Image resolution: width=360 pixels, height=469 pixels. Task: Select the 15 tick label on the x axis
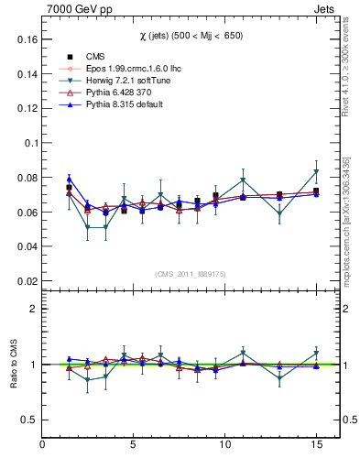pyautogui.click(x=316, y=444)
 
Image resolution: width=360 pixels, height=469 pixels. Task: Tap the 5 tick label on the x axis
pyautogui.click(x=134, y=444)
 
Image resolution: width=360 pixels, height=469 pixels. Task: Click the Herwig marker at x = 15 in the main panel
pyautogui.click(x=316, y=172)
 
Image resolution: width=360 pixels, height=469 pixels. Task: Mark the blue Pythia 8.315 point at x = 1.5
pyautogui.click(x=70, y=180)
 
